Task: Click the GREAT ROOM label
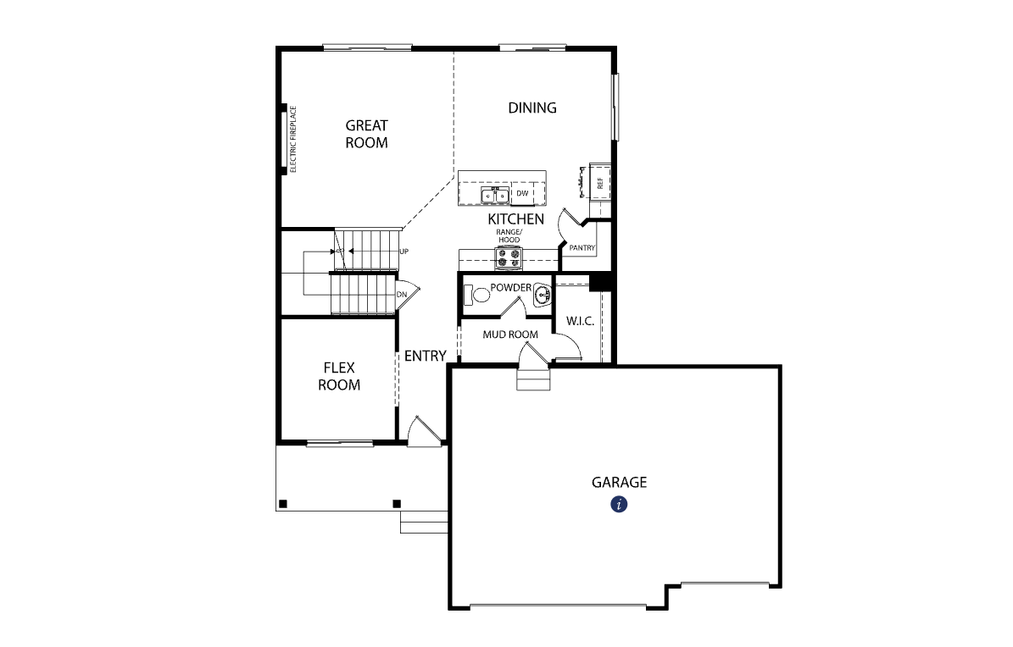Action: click(x=366, y=135)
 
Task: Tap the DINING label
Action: click(x=532, y=108)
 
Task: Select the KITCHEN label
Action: click(x=515, y=218)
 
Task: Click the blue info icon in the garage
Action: click(x=619, y=504)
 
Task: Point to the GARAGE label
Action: click(x=619, y=483)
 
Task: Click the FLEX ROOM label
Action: click(x=339, y=377)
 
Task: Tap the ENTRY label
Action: click(x=425, y=356)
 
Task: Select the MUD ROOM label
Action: click(x=510, y=335)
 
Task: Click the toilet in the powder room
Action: click(x=476, y=295)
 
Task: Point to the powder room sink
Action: click(x=543, y=295)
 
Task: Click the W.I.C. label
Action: click(x=580, y=321)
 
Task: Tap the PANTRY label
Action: click(x=582, y=248)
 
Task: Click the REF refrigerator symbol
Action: click(x=599, y=183)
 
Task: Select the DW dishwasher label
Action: click(x=522, y=193)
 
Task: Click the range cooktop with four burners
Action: click(x=509, y=258)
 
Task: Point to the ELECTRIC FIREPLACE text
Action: click(x=292, y=140)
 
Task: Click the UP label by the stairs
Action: click(x=404, y=252)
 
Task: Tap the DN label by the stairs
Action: click(x=402, y=295)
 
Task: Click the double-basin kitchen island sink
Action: click(x=495, y=195)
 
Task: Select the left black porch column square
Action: click(x=282, y=504)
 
